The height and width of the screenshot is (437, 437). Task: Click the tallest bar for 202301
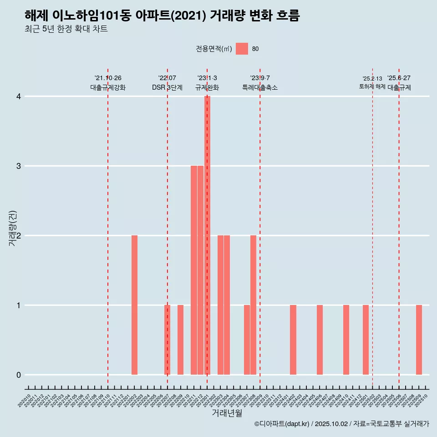[x=207, y=235]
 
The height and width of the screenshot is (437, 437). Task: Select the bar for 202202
[x=134, y=305]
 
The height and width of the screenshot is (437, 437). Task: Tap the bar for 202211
[x=194, y=270]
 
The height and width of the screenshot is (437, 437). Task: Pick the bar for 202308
[x=253, y=305]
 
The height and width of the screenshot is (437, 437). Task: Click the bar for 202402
[x=293, y=340]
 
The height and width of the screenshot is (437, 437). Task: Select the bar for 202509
[x=419, y=340]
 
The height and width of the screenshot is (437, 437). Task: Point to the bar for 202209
[x=181, y=340]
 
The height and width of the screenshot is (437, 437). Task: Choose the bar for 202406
[x=320, y=340]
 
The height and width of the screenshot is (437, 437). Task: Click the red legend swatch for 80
[x=242, y=49]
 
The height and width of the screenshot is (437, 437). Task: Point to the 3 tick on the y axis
[x=19, y=166]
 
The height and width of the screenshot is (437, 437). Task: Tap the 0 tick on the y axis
[x=19, y=375]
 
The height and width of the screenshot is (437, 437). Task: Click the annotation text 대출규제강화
[x=108, y=87]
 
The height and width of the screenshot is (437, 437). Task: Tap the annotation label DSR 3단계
[x=167, y=87]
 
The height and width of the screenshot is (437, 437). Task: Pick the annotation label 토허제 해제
[x=372, y=86]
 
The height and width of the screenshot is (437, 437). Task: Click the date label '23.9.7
[x=260, y=78]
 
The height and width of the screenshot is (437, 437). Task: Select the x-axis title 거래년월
[x=227, y=413]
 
